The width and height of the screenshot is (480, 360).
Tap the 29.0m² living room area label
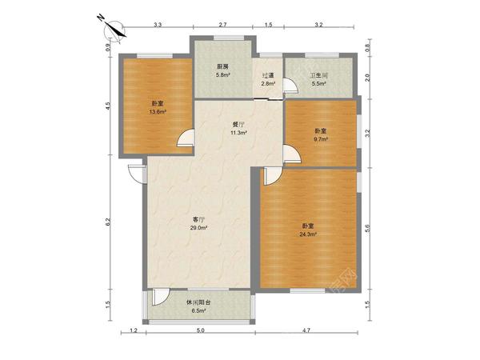click(x=198, y=228)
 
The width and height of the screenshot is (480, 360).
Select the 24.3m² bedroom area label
click(x=308, y=234)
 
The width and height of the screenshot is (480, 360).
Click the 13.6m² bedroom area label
click(x=158, y=112)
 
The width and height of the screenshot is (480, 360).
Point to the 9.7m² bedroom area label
click(x=321, y=139)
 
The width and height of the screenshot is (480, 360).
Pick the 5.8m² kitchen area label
click(x=223, y=74)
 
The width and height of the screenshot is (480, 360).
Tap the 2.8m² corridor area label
click(x=268, y=83)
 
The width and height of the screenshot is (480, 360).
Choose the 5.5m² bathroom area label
click(x=318, y=83)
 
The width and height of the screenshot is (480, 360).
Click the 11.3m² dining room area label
click(x=238, y=133)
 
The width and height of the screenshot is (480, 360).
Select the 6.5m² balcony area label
click(x=198, y=310)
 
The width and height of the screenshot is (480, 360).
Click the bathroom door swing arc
click(x=290, y=86)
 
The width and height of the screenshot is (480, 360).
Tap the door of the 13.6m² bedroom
click(x=186, y=138)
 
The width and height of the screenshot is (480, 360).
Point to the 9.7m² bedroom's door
click(x=292, y=154)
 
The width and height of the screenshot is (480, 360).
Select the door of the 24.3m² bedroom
click(x=273, y=176)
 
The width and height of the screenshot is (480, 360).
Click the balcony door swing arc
click(x=161, y=297)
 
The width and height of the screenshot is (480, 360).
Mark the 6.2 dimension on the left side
click(x=108, y=222)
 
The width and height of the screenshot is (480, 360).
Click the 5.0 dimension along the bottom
click(x=200, y=330)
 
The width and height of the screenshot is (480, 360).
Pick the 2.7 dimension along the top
click(x=222, y=25)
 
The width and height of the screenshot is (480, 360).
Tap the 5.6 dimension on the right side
click(x=368, y=228)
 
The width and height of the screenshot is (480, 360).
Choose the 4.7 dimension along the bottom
click(x=306, y=330)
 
